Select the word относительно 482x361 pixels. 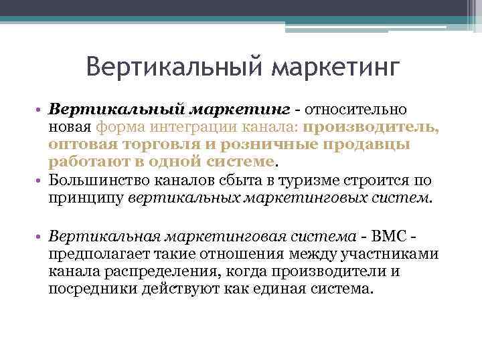[357, 109]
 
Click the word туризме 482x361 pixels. [309, 181]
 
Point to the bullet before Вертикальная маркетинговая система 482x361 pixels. [39, 235]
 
